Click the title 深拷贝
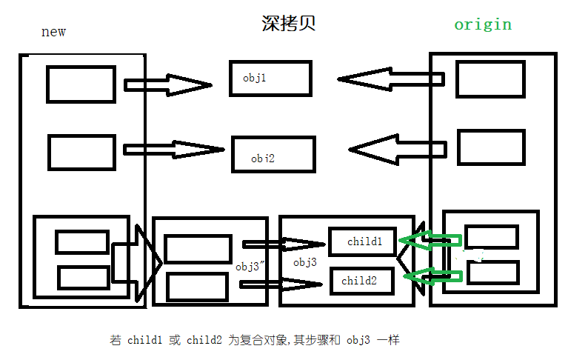click(289, 24)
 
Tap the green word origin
click(483, 24)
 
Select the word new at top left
click(53, 32)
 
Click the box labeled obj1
click(270, 78)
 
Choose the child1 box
click(364, 241)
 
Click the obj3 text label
click(305, 263)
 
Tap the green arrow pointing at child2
click(432, 277)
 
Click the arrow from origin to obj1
click(390, 79)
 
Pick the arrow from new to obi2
click(173, 149)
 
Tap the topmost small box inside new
click(81, 84)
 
